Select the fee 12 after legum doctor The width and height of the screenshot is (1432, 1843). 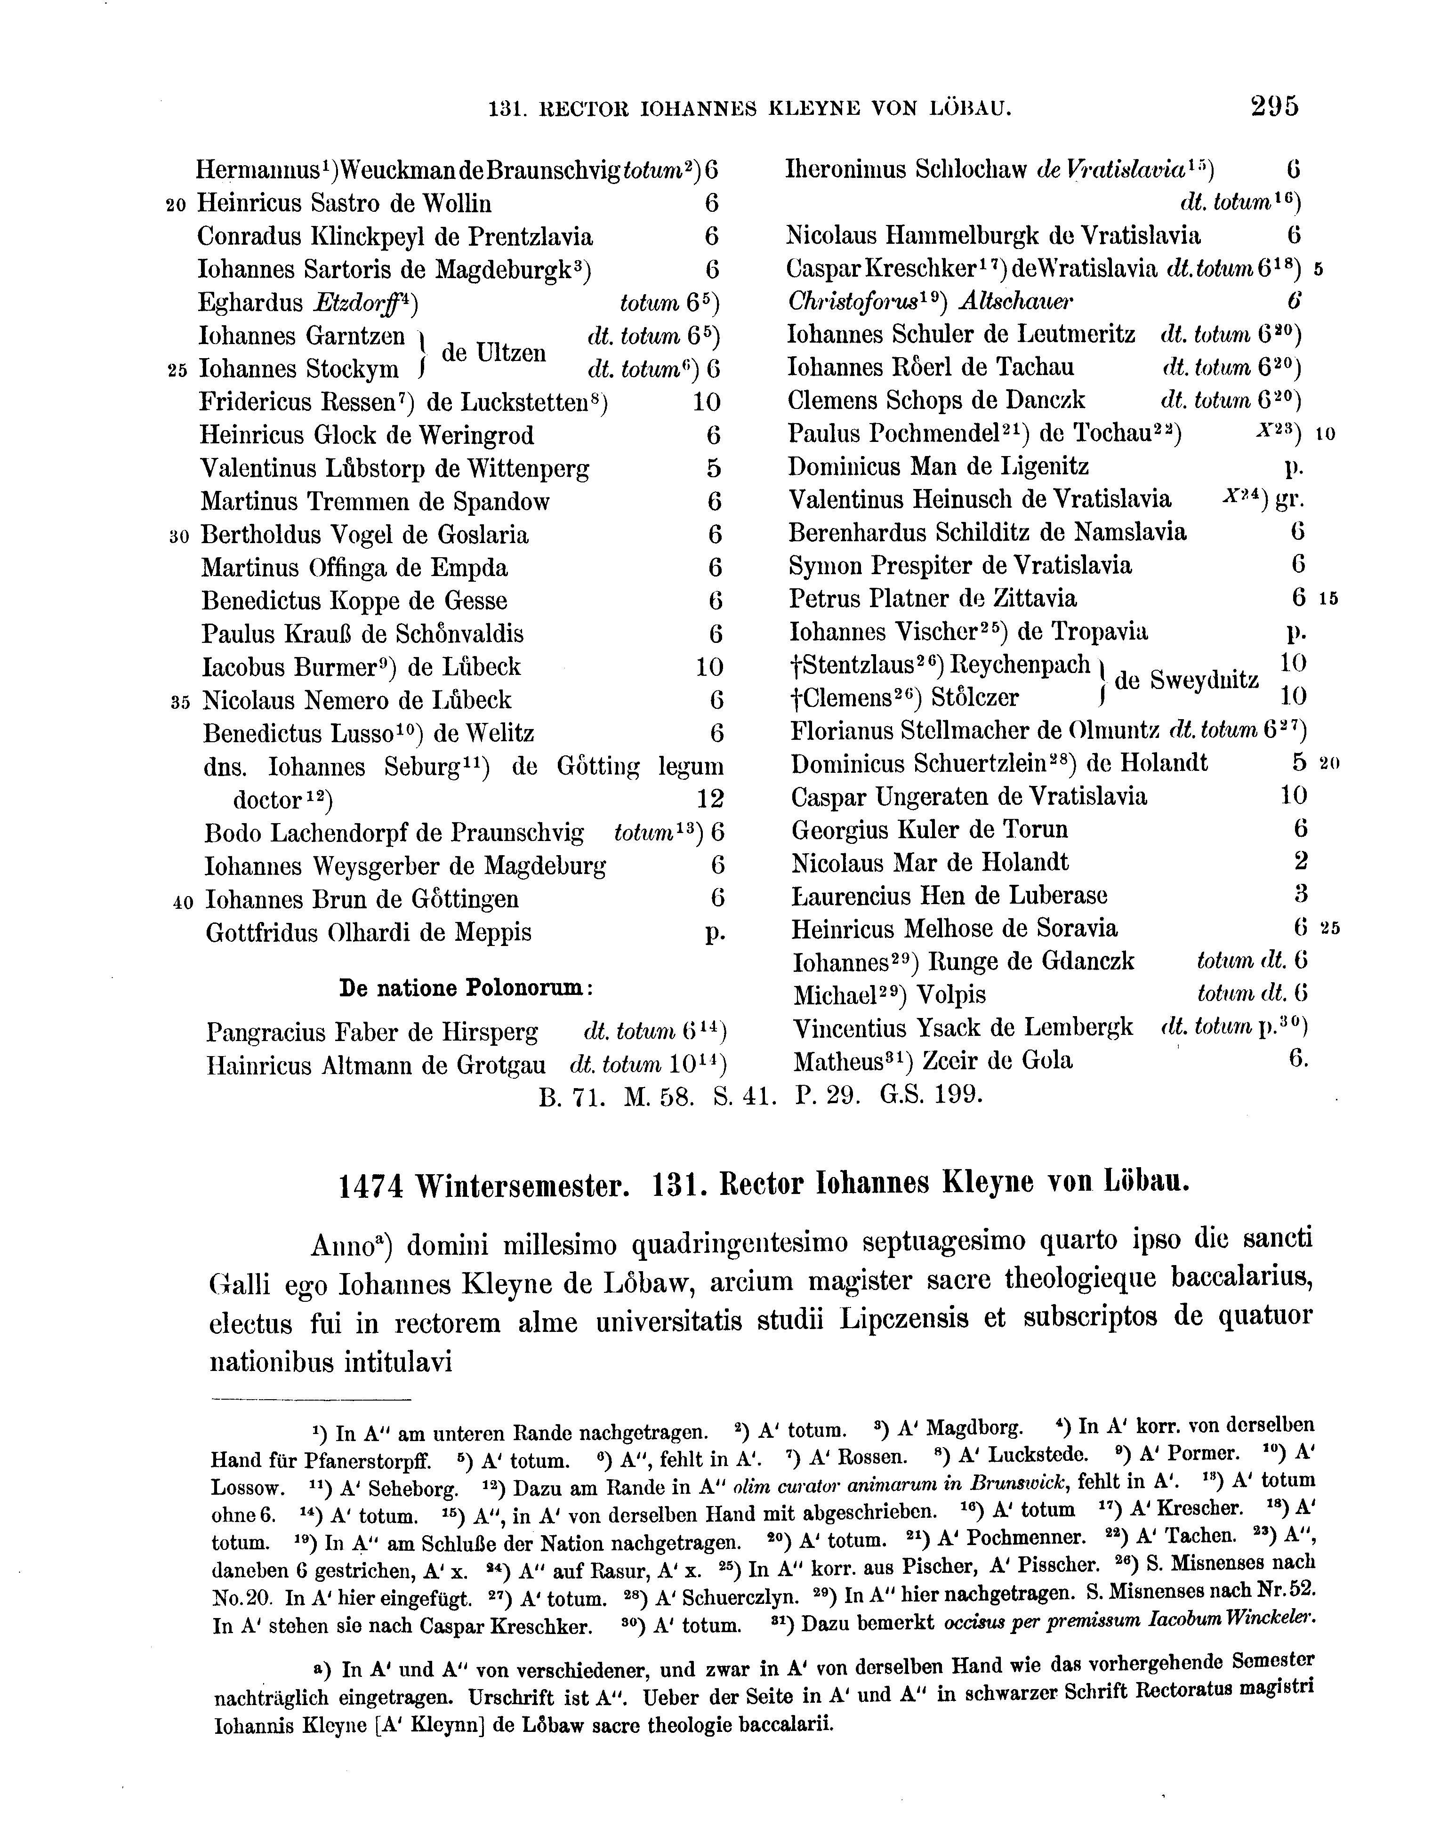click(710, 798)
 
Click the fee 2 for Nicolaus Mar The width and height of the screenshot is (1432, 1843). click(1300, 862)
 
